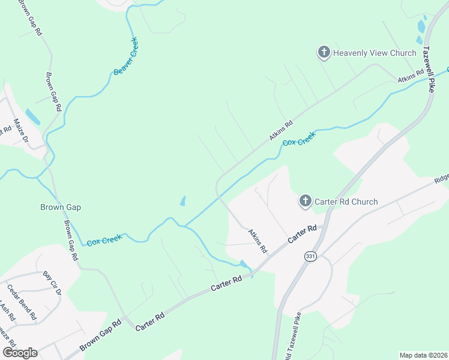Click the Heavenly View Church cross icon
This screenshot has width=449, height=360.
click(x=324, y=53)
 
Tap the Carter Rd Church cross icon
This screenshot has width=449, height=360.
click(x=306, y=202)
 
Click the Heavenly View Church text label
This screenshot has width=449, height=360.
click(x=375, y=53)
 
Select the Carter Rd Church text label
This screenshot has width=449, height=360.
click(x=348, y=202)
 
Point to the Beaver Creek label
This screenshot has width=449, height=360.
click(x=125, y=56)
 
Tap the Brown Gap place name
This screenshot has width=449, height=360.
click(x=60, y=207)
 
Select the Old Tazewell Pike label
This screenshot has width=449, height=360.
click(x=298, y=336)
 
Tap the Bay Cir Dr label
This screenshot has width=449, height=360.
click(x=52, y=283)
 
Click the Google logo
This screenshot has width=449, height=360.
click(x=20, y=353)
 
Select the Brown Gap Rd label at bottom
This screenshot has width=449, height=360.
click(x=100, y=336)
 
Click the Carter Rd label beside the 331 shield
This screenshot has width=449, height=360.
click(x=302, y=234)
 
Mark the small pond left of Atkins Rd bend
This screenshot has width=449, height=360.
click(x=182, y=200)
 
